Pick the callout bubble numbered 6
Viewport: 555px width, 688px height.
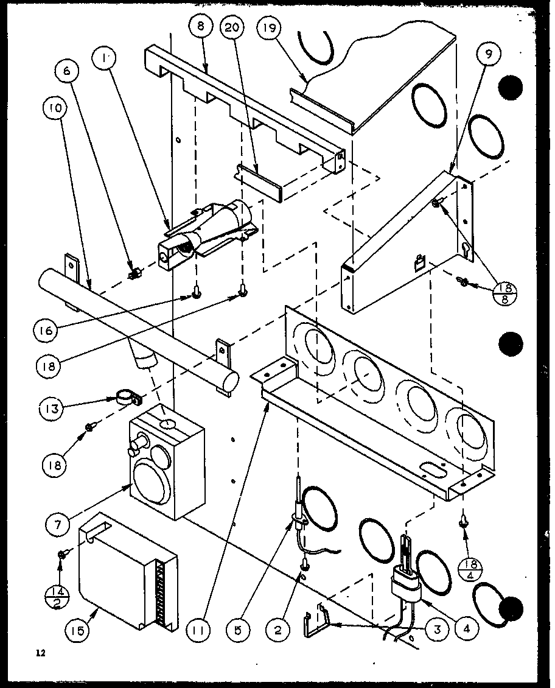coord(67,71)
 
